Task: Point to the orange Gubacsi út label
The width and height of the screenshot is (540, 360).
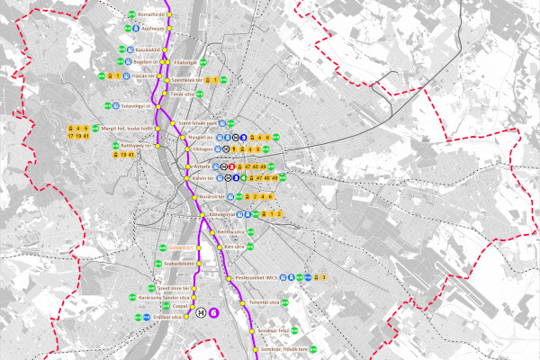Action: click(183, 248)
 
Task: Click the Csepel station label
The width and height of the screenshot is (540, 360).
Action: click(180, 306)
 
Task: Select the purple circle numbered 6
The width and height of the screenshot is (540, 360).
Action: click(214, 312)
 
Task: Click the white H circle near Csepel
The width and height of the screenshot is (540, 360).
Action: click(202, 312)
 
